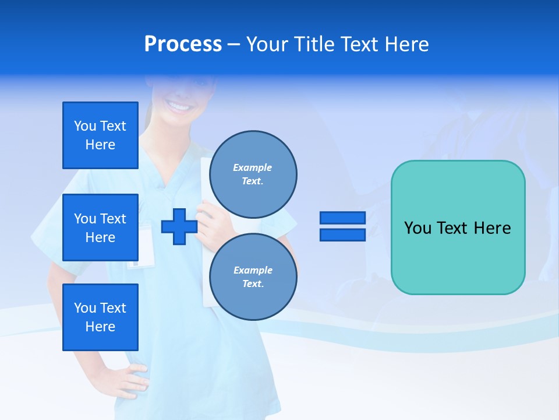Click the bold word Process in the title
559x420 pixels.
[x=183, y=44]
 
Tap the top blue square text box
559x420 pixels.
[x=100, y=135]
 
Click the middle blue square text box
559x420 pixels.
[x=100, y=228]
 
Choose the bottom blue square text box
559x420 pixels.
[x=100, y=317]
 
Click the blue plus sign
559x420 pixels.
[x=179, y=226]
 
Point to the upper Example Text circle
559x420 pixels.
[x=253, y=174]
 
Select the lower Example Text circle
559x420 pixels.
[x=253, y=276]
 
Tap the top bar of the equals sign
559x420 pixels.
[x=342, y=218]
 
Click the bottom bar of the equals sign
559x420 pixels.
[x=342, y=235]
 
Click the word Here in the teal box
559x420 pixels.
[x=492, y=228]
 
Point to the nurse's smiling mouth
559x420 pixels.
[x=179, y=106]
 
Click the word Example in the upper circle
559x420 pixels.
[x=252, y=167]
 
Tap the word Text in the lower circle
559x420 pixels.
[x=253, y=284]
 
